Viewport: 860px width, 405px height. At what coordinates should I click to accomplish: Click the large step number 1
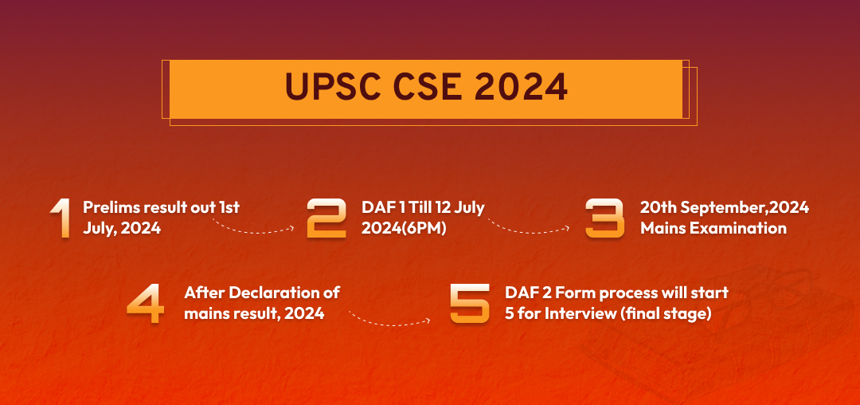point(60,218)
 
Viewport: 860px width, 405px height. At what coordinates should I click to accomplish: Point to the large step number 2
point(326,218)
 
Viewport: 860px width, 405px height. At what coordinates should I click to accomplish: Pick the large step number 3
point(605,218)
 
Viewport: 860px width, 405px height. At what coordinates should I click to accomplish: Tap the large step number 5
point(470,303)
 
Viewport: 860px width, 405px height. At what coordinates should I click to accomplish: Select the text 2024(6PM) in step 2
point(404,228)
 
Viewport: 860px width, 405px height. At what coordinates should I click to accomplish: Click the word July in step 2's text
point(470,209)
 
